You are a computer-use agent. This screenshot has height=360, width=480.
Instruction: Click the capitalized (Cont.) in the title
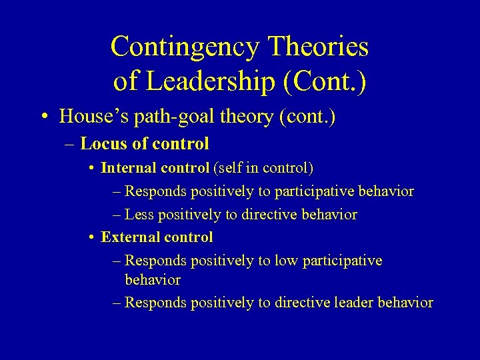325,81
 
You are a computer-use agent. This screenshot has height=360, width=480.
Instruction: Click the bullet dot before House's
43,117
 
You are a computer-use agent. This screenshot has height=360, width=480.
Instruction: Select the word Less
139,215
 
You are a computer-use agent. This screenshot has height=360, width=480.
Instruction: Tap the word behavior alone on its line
153,279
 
